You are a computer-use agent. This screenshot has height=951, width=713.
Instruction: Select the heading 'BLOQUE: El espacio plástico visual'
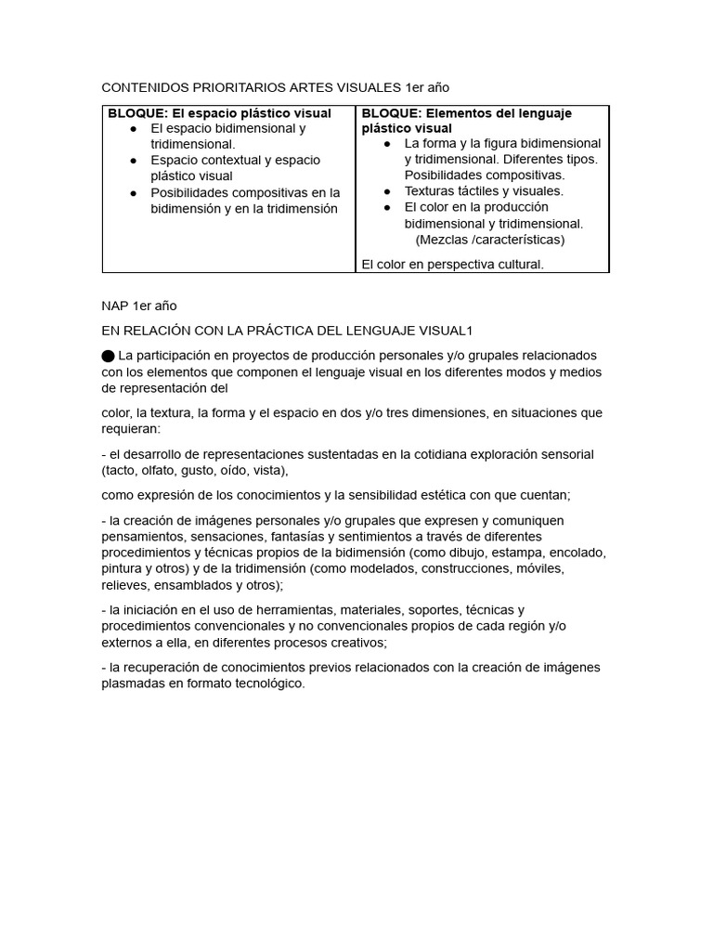coord(219,113)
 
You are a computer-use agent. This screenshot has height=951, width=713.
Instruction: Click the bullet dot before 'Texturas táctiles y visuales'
coord(387,191)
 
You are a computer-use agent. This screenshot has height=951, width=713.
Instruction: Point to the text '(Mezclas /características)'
coord(489,240)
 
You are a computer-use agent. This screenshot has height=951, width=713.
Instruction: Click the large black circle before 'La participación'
coord(109,356)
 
